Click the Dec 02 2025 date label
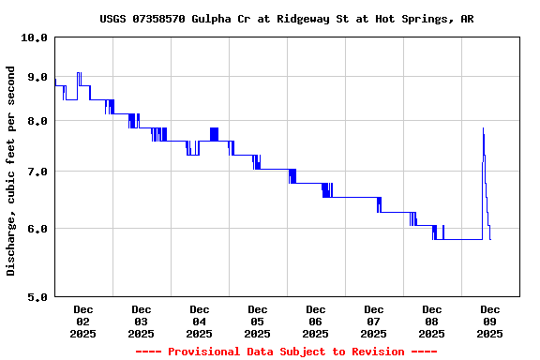[x=82, y=321]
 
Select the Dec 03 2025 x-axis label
[x=141, y=321]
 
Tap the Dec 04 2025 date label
[x=199, y=321]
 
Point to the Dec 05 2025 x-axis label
[x=257, y=321]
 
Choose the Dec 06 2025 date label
[x=315, y=321]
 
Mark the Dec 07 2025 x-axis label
[x=373, y=321]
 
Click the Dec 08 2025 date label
[x=431, y=321]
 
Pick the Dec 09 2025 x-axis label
[x=489, y=321]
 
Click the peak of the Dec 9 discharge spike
[x=483, y=128]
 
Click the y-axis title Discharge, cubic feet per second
[x=11, y=170]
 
